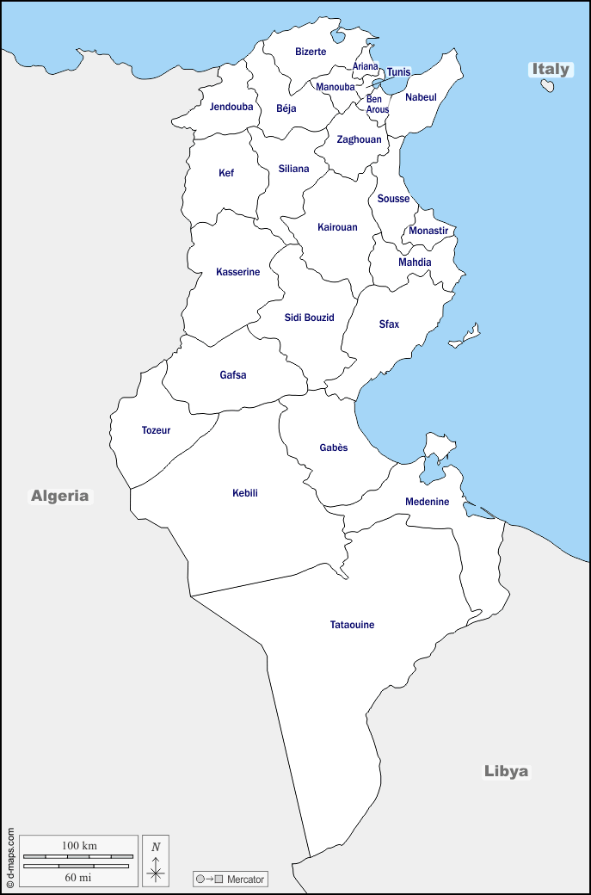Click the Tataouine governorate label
point(353,625)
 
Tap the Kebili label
point(245,493)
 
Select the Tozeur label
point(156,430)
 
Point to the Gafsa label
point(233,375)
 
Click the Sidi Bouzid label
point(309,318)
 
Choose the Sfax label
point(389,324)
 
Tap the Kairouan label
point(337,227)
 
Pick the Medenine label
point(428,502)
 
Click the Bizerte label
point(311,52)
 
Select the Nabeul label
point(421,97)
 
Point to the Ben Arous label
point(378,104)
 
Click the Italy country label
point(551,69)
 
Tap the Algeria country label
point(60,496)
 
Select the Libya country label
point(506,771)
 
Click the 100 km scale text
point(79,845)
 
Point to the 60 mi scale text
point(78,877)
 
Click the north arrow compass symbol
point(156,861)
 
